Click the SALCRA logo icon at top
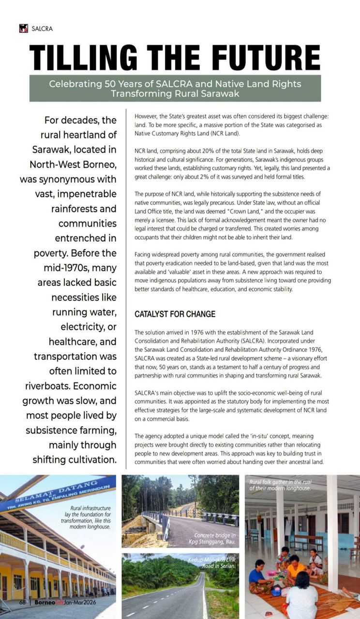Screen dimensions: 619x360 23,29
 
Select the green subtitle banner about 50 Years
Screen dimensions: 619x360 175,88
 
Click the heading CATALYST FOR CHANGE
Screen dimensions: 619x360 175,314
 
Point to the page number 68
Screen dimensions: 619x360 22,603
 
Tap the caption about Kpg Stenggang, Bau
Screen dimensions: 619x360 214,539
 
